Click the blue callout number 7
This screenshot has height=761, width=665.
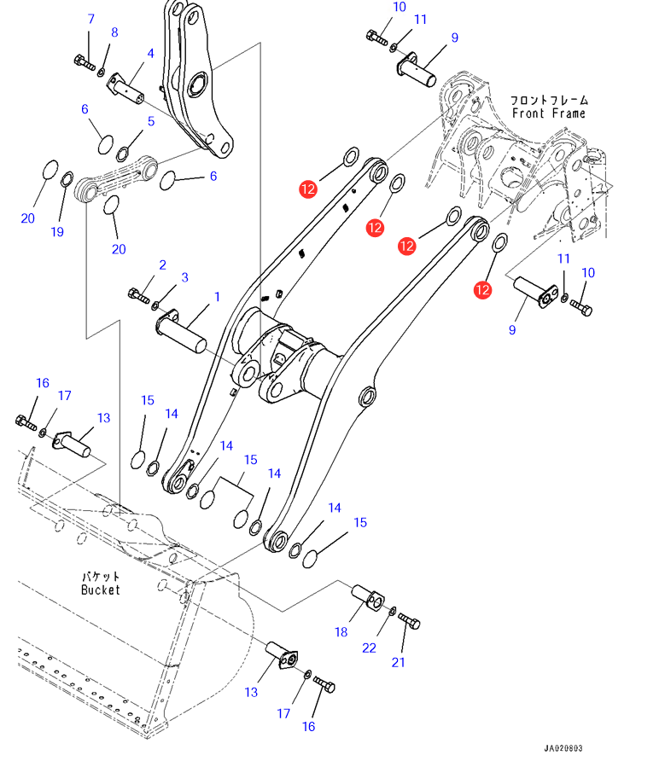[90, 19]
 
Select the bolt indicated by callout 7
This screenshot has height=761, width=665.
[85, 62]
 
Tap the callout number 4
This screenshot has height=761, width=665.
[150, 54]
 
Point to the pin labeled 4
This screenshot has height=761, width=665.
[125, 89]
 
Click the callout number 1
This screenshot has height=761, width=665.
[217, 297]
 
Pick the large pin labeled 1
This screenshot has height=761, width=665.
[181, 333]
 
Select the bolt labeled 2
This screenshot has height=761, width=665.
[139, 295]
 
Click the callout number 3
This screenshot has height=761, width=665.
[184, 277]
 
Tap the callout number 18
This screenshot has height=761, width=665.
[341, 632]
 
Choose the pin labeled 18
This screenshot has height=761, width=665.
[368, 598]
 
